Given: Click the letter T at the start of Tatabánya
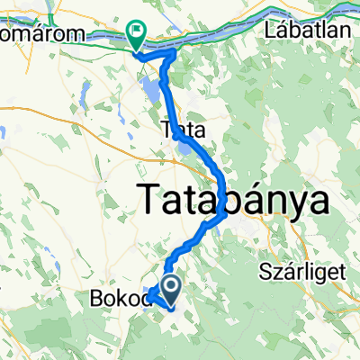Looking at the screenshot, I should (148, 199).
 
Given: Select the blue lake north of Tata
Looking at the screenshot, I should (150, 90).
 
